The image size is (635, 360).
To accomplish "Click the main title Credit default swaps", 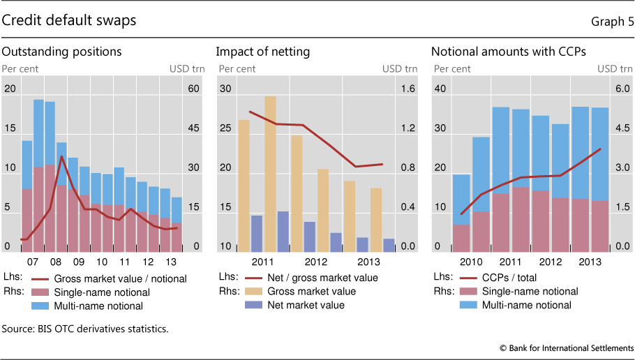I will (69, 20).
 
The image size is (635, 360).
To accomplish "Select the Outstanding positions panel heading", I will (62, 52).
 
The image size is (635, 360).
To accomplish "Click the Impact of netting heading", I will (263, 52).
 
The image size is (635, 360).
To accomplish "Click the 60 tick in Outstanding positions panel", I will (192, 89).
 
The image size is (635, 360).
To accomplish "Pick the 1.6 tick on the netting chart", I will (408, 89).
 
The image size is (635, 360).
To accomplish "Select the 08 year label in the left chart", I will (55, 262).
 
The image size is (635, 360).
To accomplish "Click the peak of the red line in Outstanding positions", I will (62, 156).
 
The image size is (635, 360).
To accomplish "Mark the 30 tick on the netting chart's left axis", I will (225, 89).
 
